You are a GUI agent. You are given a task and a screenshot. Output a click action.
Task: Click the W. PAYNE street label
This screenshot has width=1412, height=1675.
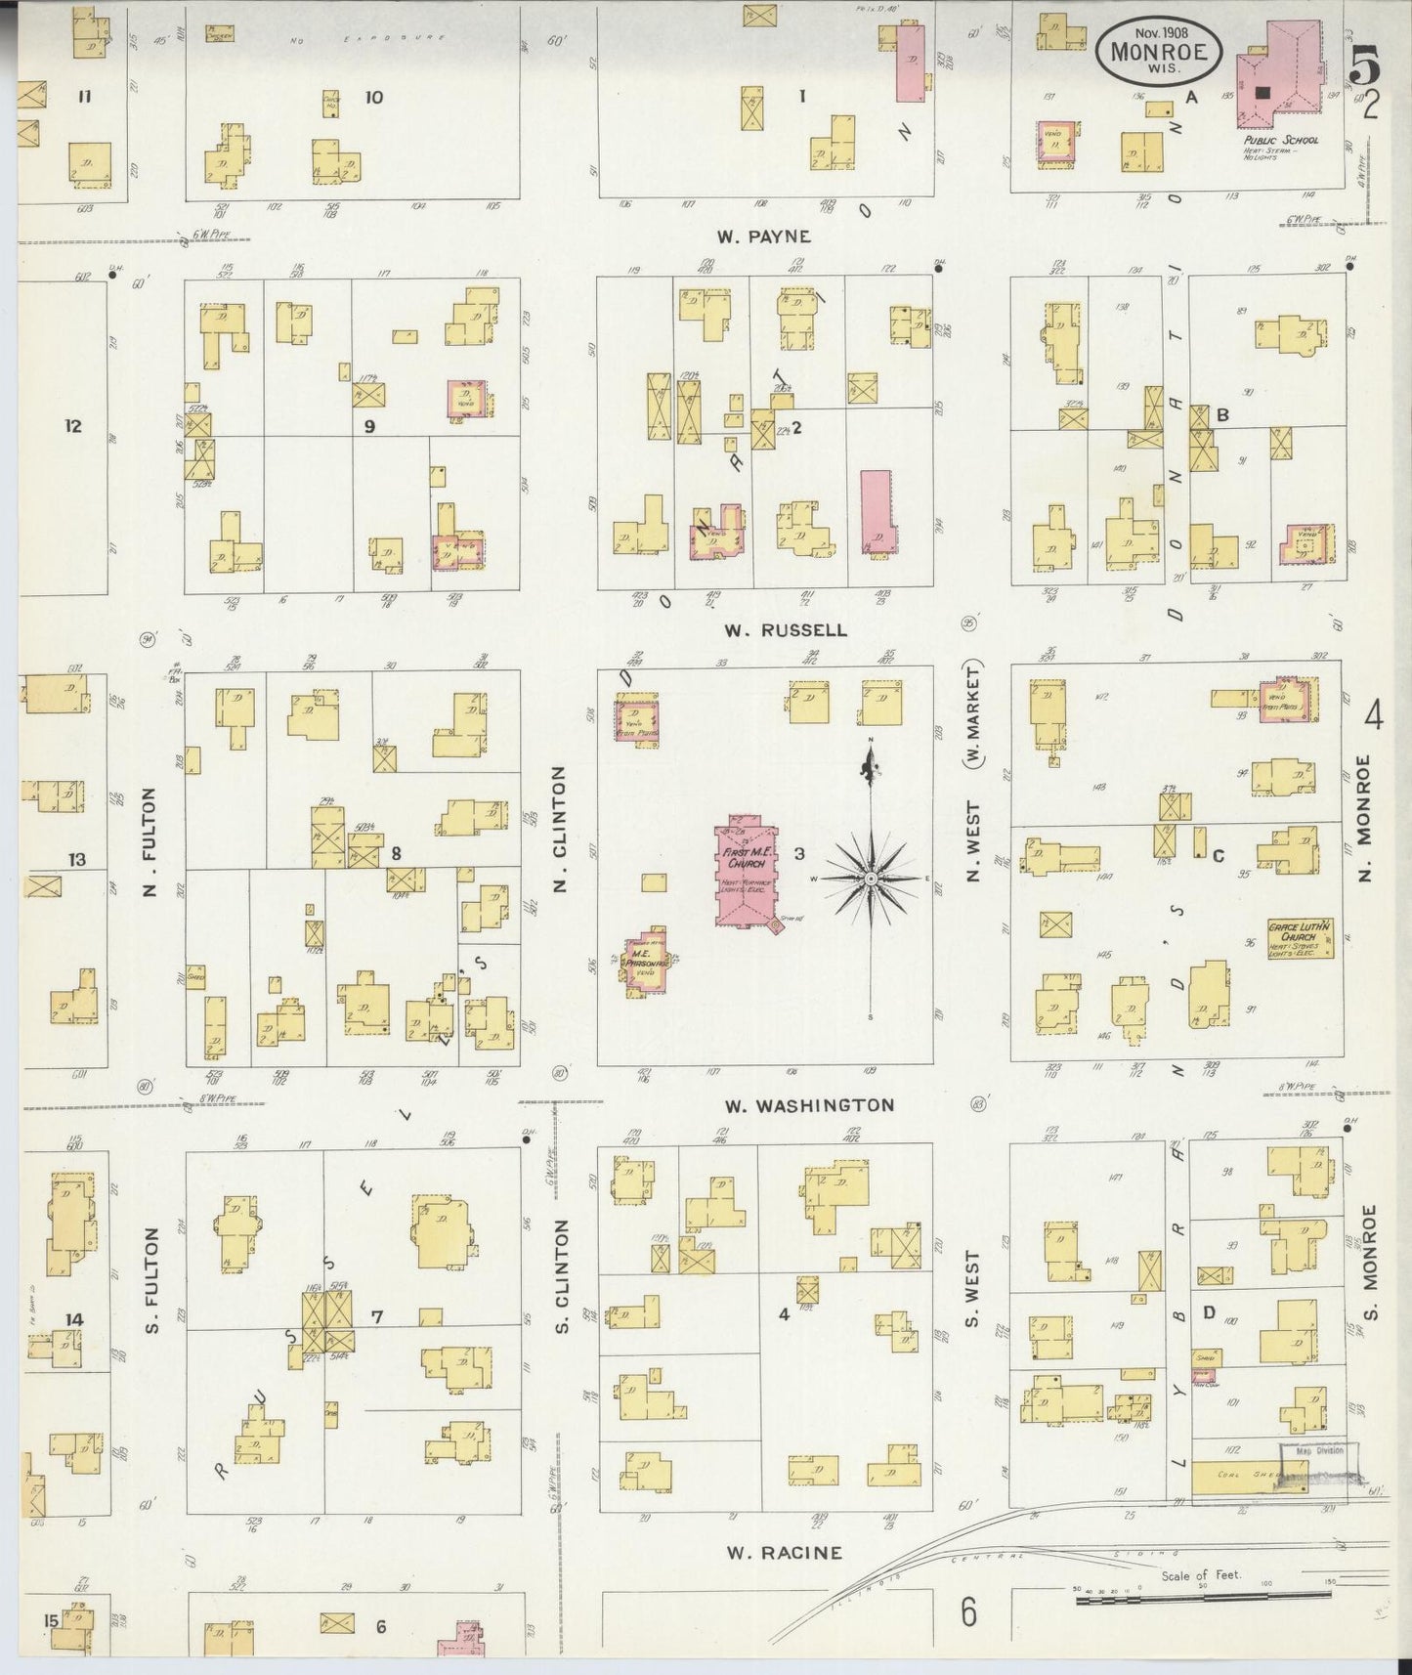coord(763,236)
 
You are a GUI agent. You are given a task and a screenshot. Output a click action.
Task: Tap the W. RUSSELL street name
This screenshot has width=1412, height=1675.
coord(786,630)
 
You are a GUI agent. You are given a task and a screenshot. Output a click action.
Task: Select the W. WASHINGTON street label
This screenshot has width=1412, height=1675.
coord(809,1105)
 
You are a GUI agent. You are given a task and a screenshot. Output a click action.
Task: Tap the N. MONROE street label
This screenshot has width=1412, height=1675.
coord(1364,819)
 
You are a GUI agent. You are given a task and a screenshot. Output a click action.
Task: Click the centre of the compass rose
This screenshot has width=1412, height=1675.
coord(869,880)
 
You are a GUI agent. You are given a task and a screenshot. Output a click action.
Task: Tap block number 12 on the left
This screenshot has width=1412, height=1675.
coord(72,426)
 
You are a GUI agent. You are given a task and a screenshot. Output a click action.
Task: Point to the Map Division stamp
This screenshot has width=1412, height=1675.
coord(1319,1451)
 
